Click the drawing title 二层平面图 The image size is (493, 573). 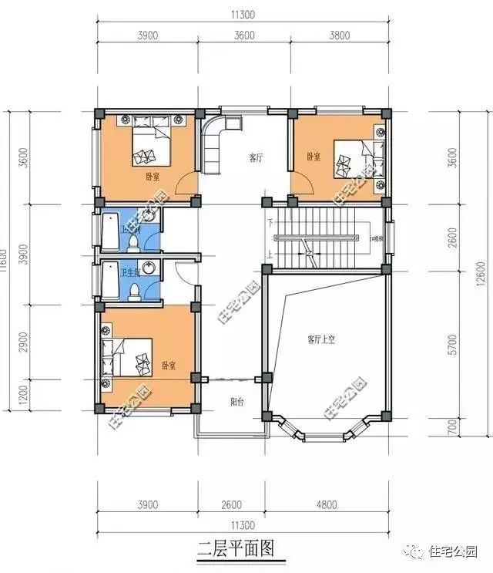coord(236,550)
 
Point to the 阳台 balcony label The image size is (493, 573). coord(238,402)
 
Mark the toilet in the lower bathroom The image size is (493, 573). coord(136,291)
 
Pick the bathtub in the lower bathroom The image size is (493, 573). coord(110,282)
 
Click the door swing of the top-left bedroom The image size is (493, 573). coord(186,187)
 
